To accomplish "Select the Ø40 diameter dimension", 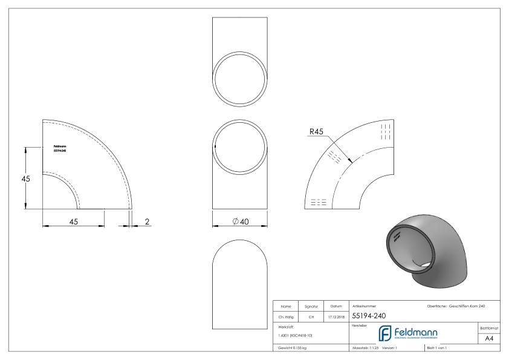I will click(x=241, y=222).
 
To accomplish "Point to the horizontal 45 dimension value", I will click(x=73, y=222).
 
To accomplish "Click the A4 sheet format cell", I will click(x=491, y=340).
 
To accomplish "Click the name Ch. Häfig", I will click(x=287, y=316).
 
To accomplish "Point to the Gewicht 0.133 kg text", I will click(x=292, y=349).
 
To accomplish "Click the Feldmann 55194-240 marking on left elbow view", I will click(x=60, y=148).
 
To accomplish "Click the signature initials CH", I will click(x=311, y=316).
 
